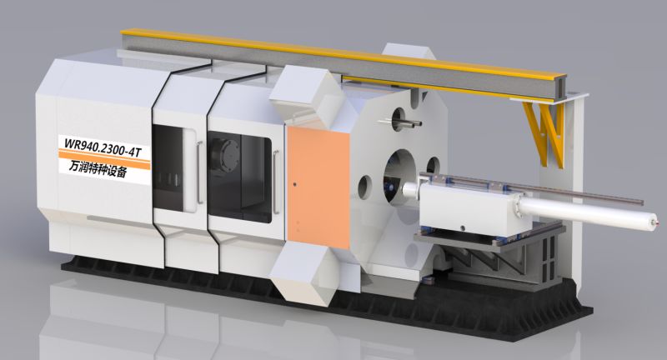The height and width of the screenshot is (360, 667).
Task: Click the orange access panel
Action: pyautogui.click(x=318, y=187)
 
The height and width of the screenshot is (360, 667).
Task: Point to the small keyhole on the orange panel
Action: pyautogui.click(x=294, y=184)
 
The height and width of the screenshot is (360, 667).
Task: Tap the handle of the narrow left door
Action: pyautogui.click(x=199, y=172)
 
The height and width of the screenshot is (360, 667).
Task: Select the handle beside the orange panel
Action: pyautogui.click(x=276, y=182)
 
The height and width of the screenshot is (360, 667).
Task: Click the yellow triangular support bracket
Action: pyautogui.click(x=544, y=132)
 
